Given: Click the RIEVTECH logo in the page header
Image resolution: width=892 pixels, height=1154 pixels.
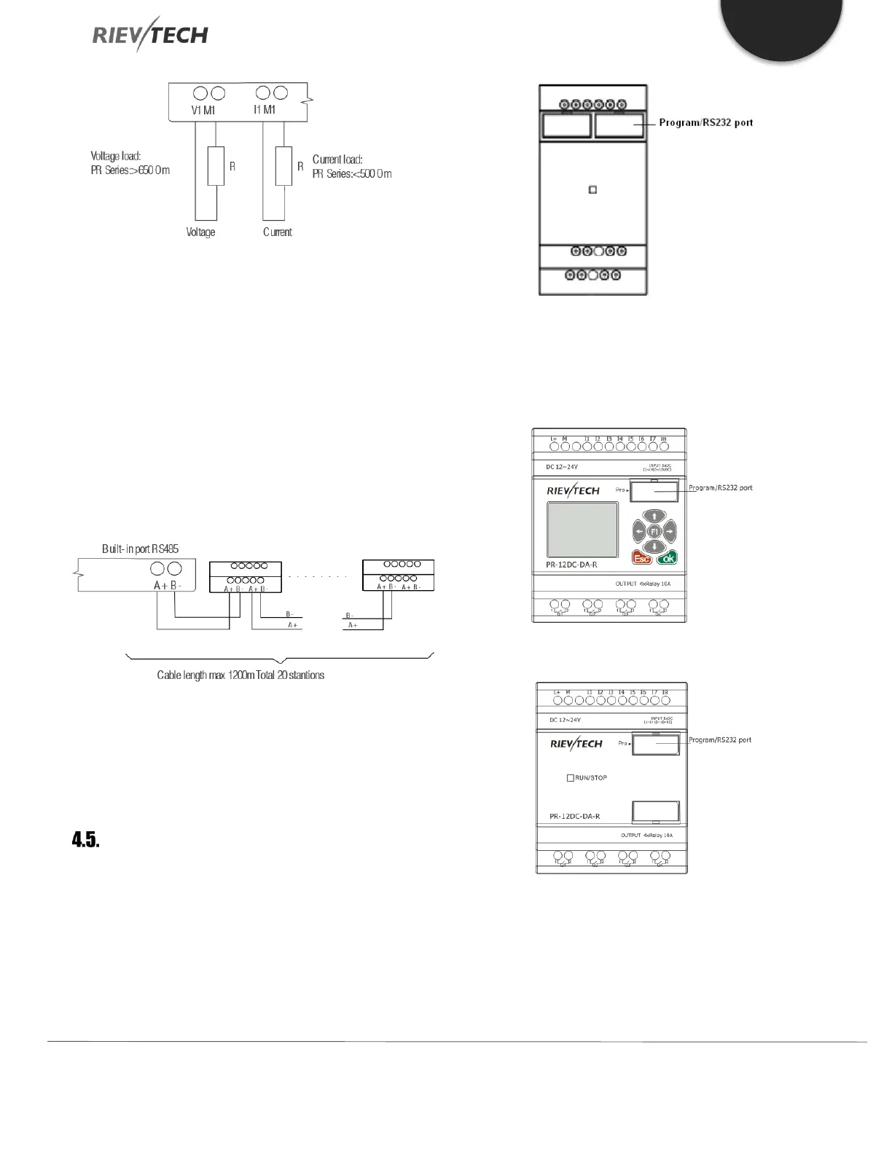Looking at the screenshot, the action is pos(150,35).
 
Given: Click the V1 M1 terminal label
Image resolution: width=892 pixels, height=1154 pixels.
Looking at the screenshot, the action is pos(203,110).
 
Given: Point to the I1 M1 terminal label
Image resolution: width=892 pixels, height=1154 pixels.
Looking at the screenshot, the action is pos(265,110).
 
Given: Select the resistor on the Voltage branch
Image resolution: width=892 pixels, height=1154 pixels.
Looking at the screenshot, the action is pos(216,165).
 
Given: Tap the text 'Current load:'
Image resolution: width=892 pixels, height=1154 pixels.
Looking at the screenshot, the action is pos(337,160).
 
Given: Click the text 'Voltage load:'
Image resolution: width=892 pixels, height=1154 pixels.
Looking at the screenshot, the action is pos(116,156).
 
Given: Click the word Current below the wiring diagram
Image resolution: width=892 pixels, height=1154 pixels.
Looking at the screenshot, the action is pos(277,232).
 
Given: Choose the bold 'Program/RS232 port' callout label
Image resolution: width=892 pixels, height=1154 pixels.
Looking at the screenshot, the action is pos(705,122).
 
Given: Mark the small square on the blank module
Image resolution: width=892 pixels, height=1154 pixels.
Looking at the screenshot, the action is pos(592,189).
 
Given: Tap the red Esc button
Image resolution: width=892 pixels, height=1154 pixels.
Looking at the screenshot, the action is pos(642,558).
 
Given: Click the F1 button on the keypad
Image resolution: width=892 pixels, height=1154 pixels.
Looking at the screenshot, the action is pos(654,531).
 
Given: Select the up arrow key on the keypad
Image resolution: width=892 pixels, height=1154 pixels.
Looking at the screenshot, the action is pos(654,517).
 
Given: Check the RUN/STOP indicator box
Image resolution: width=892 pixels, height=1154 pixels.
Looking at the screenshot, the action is pos(571,778).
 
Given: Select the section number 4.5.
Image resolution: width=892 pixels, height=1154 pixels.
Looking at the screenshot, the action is pos(85,840).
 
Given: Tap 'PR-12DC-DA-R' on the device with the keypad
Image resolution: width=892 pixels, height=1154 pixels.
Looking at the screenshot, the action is pos(573,565).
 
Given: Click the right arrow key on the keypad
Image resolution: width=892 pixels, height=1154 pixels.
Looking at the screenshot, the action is pos(670,531).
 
